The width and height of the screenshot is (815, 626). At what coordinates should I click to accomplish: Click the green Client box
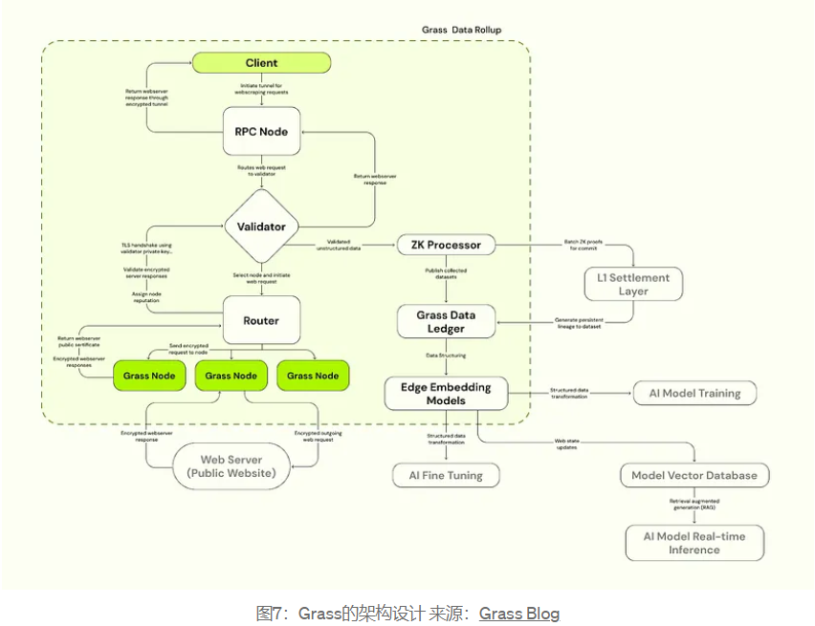pyautogui.click(x=261, y=63)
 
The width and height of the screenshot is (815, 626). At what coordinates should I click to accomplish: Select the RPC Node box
pyautogui.click(x=261, y=132)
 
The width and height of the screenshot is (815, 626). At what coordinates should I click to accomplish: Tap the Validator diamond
pyautogui.click(x=261, y=227)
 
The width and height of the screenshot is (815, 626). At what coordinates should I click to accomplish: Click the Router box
pyautogui.click(x=261, y=321)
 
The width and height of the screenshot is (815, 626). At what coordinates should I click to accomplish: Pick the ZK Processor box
pyautogui.click(x=447, y=245)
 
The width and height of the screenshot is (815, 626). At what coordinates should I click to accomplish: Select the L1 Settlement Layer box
pyautogui.click(x=632, y=284)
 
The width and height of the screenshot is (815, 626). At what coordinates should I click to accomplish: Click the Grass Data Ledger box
pyautogui.click(x=446, y=321)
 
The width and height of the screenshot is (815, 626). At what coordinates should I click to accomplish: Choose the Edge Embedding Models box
pyautogui.click(x=446, y=394)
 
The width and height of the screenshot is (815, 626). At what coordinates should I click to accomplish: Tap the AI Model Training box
pyautogui.click(x=694, y=393)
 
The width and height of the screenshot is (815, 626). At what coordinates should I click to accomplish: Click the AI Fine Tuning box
pyautogui.click(x=445, y=475)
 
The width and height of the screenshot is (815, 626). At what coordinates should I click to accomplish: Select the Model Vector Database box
pyautogui.click(x=694, y=475)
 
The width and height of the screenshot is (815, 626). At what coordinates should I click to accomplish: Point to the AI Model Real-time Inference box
pyautogui.click(x=694, y=543)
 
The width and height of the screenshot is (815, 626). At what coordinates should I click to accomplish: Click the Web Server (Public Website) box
pyautogui.click(x=231, y=466)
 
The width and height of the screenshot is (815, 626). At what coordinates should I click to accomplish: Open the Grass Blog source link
pyautogui.click(x=518, y=614)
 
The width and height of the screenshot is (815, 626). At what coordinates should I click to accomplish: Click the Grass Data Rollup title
pyautogui.click(x=461, y=30)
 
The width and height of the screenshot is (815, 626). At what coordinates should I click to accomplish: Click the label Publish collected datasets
pyautogui.click(x=447, y=276)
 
